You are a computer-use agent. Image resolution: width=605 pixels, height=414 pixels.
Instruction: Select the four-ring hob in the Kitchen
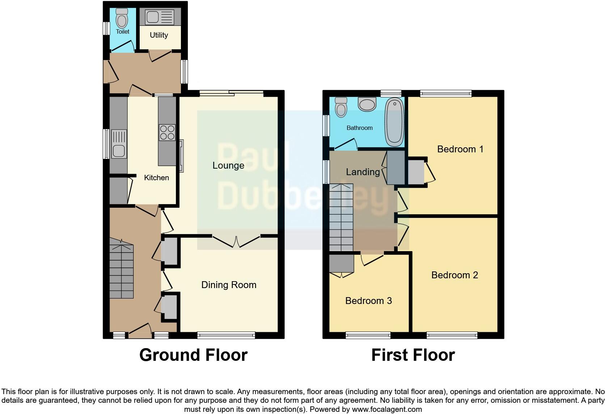pyautogui.click(x=167, y=132)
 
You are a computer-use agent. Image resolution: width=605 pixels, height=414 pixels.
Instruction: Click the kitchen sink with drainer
pyautogui.click(x=119, y=144)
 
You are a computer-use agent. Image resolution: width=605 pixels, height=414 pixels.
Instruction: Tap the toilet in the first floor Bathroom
pyautogui.click(x=341, y=107)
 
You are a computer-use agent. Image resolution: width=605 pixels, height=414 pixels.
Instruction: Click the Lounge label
pyautogui.click(x=228, y=166)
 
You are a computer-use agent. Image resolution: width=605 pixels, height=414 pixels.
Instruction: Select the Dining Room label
pyautogui.click(x=229, y=285)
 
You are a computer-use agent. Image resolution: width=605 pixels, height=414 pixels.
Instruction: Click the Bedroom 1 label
pyautogui.click(x=460, y=149)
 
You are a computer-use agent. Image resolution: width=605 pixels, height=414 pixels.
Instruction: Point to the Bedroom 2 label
pyautogui.click(x=454, y=275)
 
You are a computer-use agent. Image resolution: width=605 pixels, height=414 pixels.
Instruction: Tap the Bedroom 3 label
pyautogui.click(x=368, y=301)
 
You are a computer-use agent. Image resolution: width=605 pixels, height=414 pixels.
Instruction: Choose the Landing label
pyautogui.click(x=363, y=172)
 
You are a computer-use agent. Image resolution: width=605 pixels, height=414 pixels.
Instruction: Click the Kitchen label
pyautogui.click(x=156, y=178)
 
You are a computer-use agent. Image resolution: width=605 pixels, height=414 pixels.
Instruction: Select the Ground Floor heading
pyautogui.click(x=193, y=355)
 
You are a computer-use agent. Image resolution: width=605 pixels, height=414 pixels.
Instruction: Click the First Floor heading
pyautogui.click(x=413, y=355)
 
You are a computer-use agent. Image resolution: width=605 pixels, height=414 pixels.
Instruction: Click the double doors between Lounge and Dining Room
pyautogui.click(x=236, y=241)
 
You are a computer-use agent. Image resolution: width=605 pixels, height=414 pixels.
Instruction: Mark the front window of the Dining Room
pyautogui.click(x=226, y=335)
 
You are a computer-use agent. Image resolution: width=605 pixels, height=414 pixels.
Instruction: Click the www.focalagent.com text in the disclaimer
pyautogui.click(x=387, y=409)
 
